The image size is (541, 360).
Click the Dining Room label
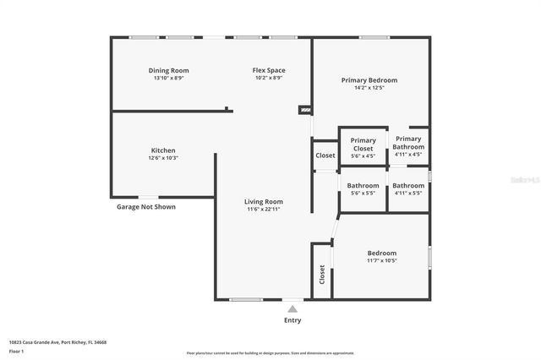pos(169,70)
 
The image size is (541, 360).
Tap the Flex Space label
pos(269,70)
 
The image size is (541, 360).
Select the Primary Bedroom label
pos(369,80)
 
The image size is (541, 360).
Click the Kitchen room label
pos(163,150)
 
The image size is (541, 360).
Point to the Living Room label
pos(264,202)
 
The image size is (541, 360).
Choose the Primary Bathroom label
pos(408,143)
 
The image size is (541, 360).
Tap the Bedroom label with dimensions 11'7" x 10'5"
pos(381,254)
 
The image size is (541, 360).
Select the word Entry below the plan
pos(292,320)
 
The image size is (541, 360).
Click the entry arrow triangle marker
pos(292,308)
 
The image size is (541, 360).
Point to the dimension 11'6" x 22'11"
pos(264,209)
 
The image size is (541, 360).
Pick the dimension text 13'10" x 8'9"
pos(169,78)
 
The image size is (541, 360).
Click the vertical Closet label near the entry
pos(322,274)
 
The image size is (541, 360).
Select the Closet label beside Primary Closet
pos(325,155)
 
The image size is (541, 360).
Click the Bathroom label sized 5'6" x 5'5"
pos(363,185)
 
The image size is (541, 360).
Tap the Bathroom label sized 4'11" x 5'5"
pos(408,185)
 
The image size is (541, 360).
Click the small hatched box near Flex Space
pos(305,110)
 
